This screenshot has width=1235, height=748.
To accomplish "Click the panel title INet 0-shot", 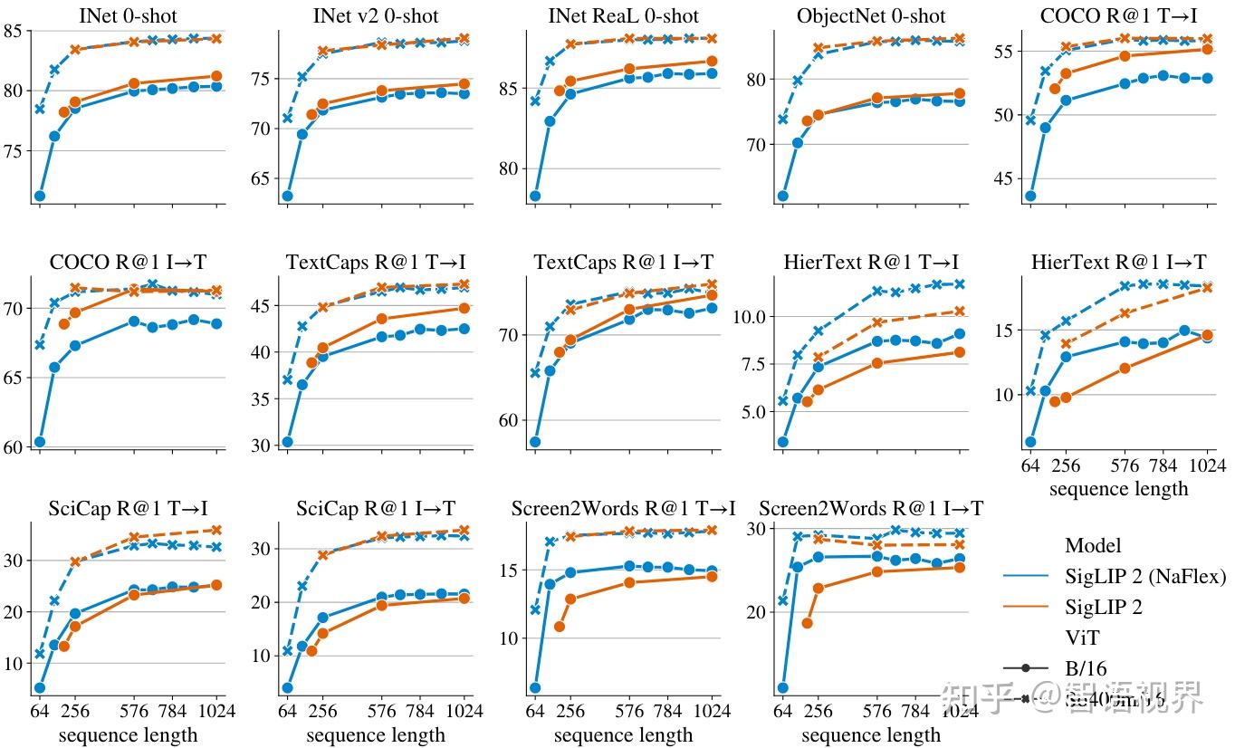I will point(128,15).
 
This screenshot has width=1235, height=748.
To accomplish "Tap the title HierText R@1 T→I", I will point(871,262).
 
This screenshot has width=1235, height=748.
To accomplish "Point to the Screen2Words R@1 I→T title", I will point(871,509).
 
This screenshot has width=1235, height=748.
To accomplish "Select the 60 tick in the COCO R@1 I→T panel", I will point(16,446).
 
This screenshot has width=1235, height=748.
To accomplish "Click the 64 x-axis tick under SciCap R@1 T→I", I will point(39,711).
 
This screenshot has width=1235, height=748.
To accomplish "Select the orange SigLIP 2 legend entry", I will point(1104,607).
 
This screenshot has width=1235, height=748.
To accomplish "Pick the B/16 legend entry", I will point(1087,668).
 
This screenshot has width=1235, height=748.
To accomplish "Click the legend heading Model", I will point(1093,545).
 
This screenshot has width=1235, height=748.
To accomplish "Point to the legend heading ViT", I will point(1080,638).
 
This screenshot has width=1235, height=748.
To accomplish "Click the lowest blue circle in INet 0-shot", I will point(39,196).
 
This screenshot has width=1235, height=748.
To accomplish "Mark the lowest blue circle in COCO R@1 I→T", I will point(39,442).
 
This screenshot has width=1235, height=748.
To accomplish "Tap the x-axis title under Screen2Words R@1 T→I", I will point(623,735).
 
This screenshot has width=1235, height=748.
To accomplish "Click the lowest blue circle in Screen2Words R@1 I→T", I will point(782,688).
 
